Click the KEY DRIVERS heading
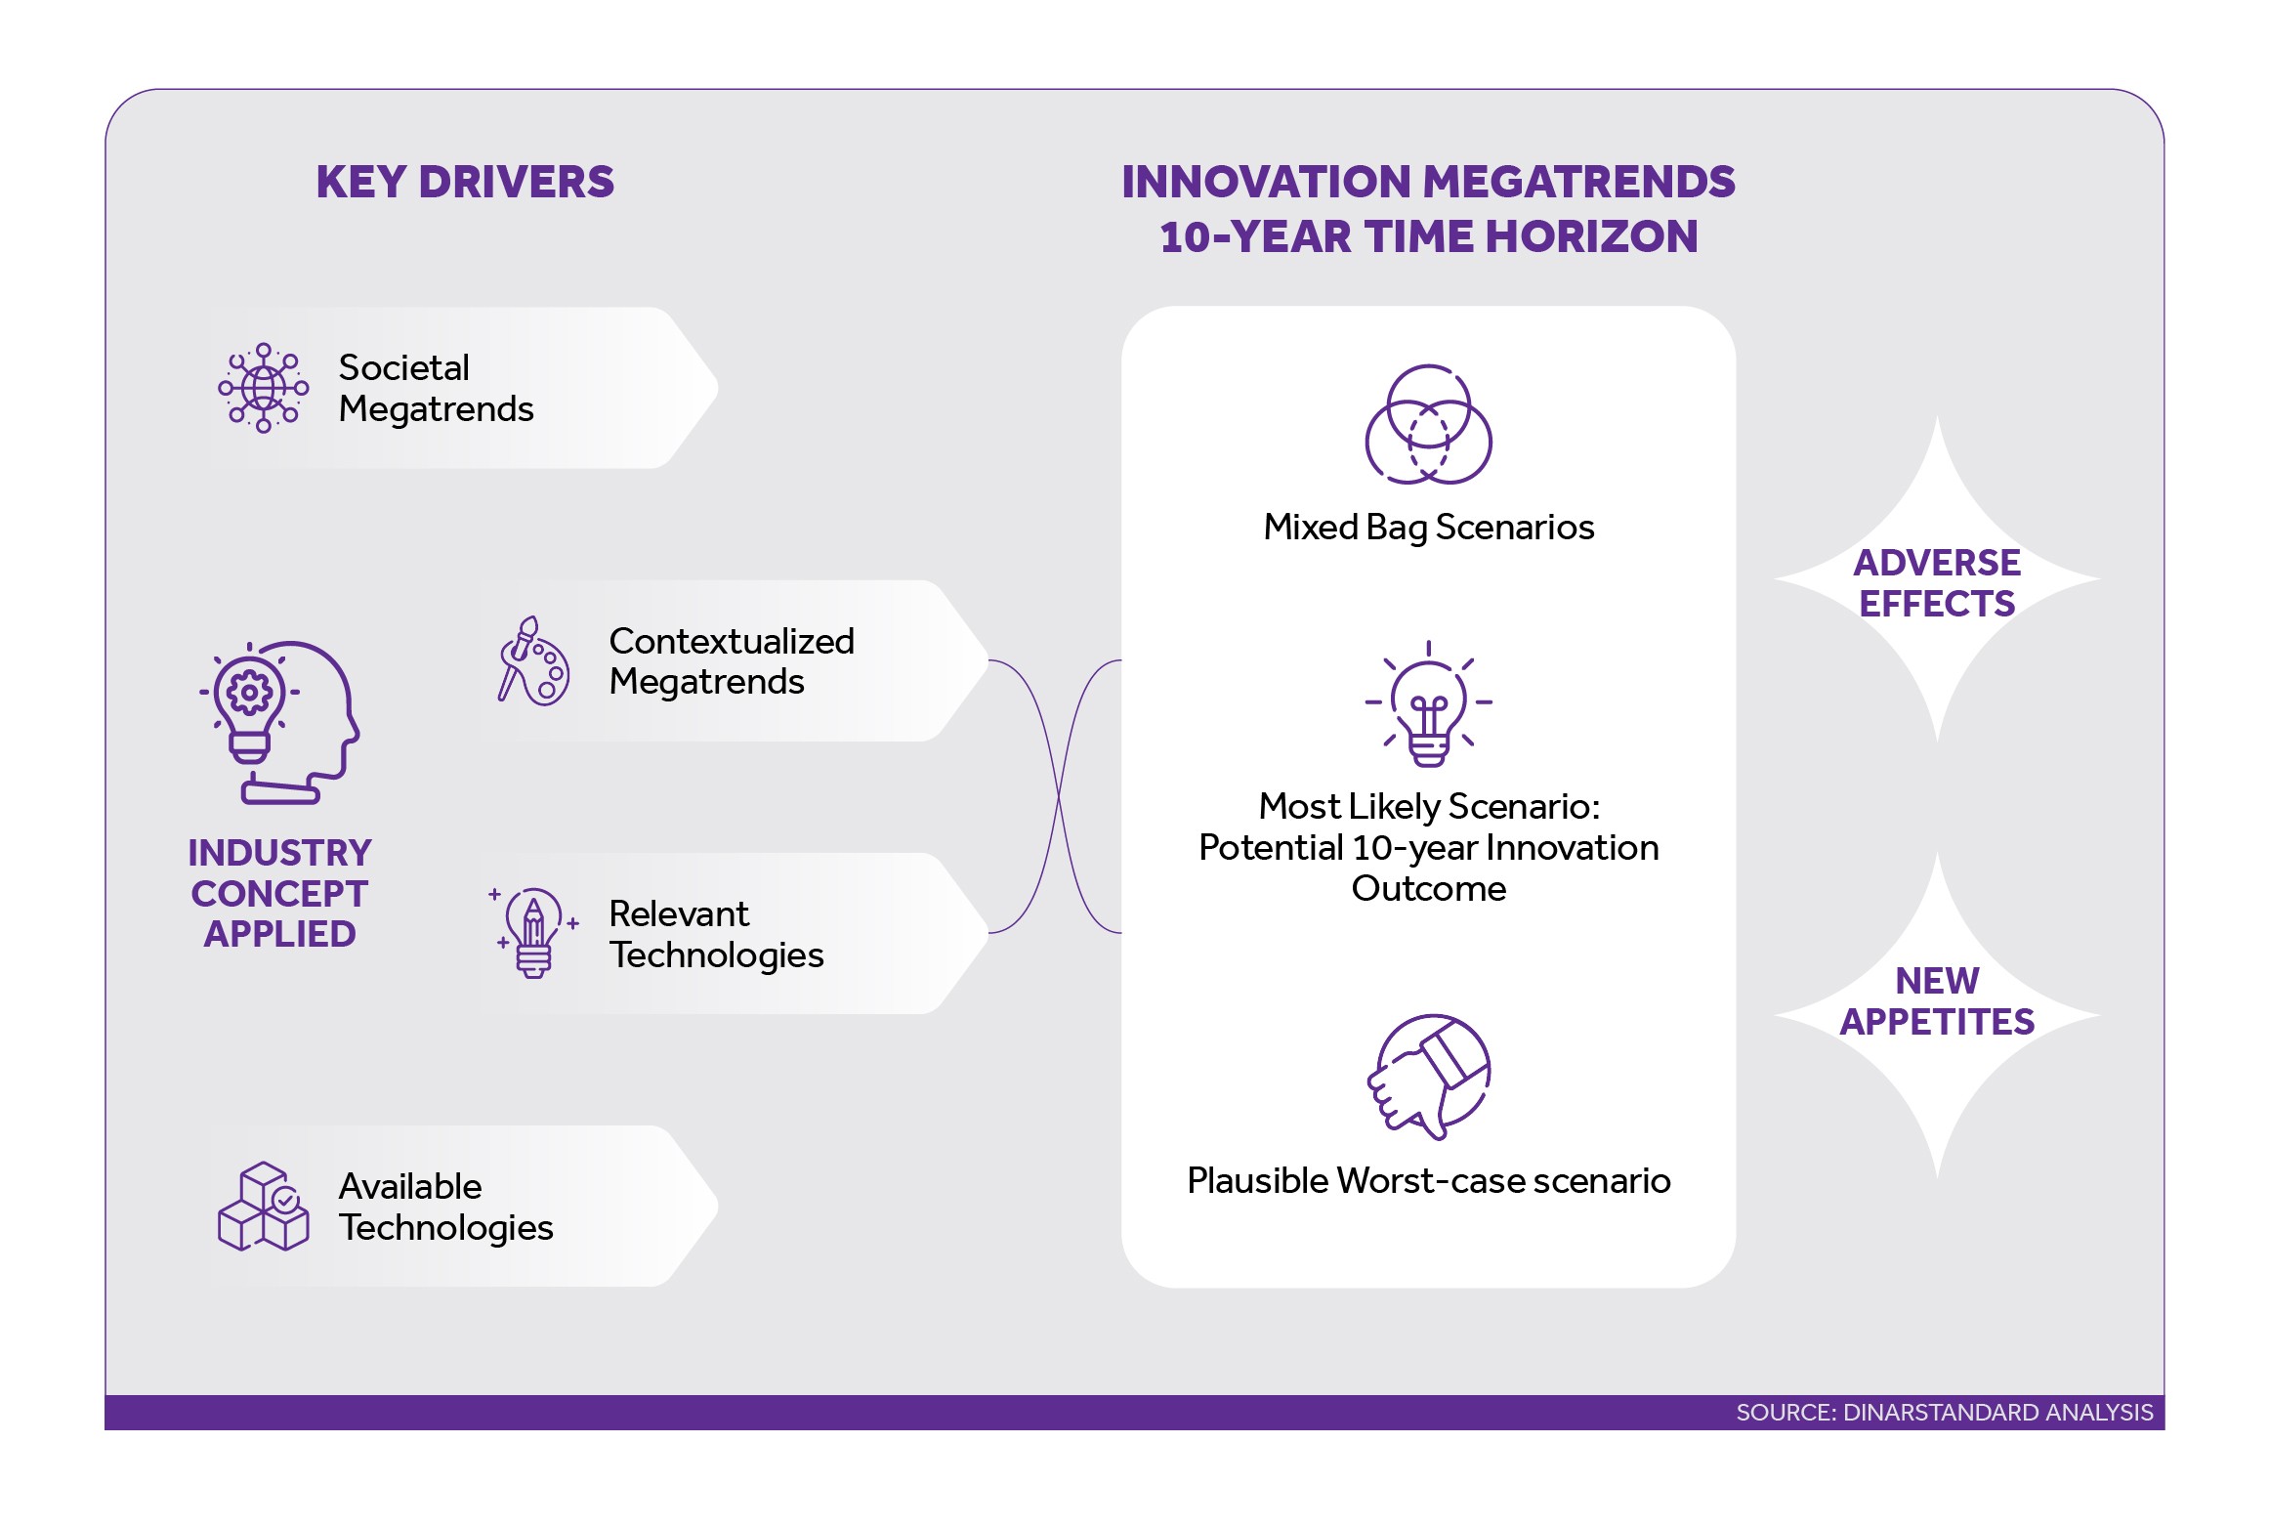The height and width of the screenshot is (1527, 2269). pyautogui.click(x=465, y=183)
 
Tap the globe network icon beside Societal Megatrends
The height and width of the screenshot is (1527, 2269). pyautogui.click(x=263, y=388)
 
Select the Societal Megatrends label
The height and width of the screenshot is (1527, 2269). pyautogui.click(x=436, y=388)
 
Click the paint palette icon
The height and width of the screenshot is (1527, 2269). pyautogui.click(x=533, y=661)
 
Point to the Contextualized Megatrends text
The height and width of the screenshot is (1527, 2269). pyautogui.click(x=731, y=661)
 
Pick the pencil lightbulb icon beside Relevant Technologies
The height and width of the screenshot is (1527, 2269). pyautogui.click(x=533, y=933)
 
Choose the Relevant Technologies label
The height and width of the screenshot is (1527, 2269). pyautogui.click(x=716, y=934)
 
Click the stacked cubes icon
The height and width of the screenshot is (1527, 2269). pyautogui.click(x=263, y=1207)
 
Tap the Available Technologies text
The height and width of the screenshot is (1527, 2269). pyautogui.click(x=445, y=1207)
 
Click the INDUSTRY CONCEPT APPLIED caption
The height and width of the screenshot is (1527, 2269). pyautogui.click(x=280, y=893)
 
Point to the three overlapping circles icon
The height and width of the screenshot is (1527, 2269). pyautogui.click(x=1428, y=425)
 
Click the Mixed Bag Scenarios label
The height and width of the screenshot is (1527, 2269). pyautogui.click(x=1428, y=528)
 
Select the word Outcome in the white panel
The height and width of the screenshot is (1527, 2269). pyautogui.click(x=1428, y=889)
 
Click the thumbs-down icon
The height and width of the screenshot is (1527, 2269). pyautogui.click(x=1428, y=1076)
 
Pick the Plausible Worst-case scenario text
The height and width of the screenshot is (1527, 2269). pyautogui.click(x=1428, y=1181)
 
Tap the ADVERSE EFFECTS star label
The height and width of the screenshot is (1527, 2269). pyautogui.click(x=1937, y=583)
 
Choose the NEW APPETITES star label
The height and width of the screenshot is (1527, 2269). pyautogui.click(x=1937, y=1001)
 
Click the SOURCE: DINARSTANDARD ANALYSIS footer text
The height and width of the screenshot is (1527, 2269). pyautogui.click(x=1944, y=1413)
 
